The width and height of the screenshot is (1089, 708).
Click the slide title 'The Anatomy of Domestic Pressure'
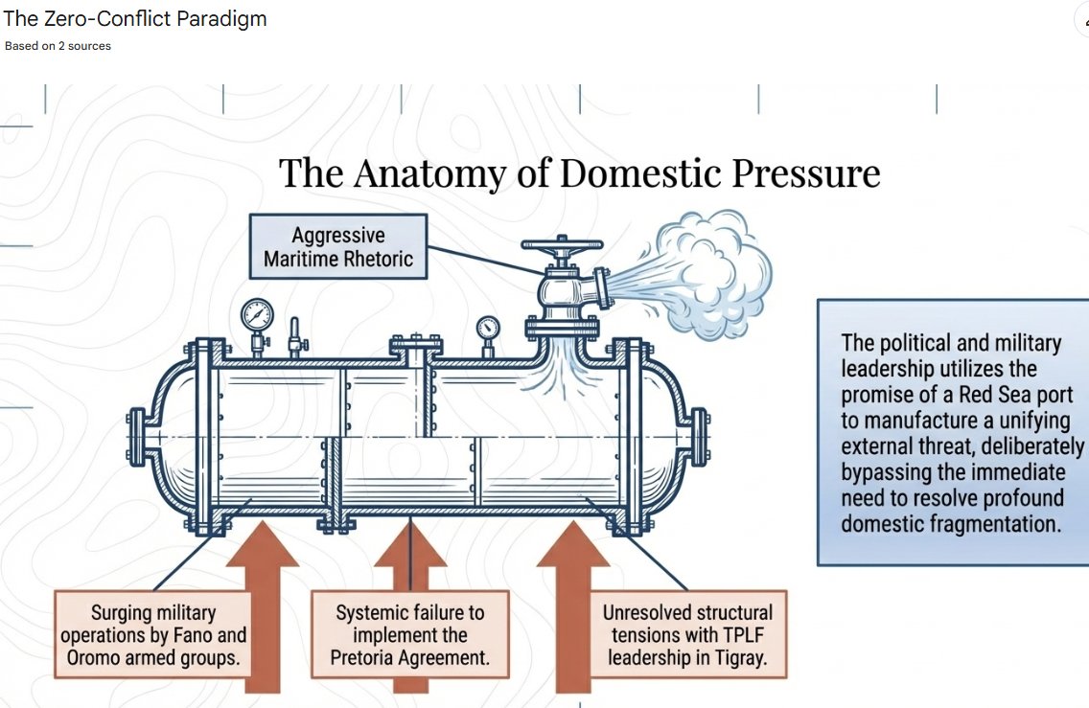(579, 173)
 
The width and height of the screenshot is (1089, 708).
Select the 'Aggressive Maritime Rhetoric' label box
(338, 246)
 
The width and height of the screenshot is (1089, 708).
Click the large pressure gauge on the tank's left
(257, 314)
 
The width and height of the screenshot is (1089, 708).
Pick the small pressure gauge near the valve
(488, 328)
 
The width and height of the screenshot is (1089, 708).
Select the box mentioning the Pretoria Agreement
(410, 635)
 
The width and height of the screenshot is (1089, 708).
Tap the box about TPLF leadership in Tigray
(687, 635)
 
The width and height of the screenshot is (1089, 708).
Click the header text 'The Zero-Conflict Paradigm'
(135, 19)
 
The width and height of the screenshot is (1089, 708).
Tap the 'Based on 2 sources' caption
(58, 46)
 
